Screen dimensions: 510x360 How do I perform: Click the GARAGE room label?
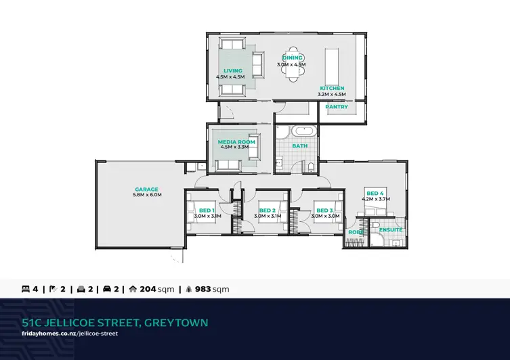[x=147, y=189]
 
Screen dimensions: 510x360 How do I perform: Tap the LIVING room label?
[x=233, y=70]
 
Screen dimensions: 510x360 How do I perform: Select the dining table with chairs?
[x=293, y=64]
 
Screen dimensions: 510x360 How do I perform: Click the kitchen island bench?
[x=332, y=66]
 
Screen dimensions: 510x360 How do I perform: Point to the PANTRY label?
[x=337, y=106]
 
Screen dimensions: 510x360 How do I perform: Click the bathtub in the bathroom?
[x=304, y=131]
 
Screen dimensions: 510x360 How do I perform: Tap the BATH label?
[x=299, y=146]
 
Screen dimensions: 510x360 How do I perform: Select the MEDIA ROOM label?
[x=236, y=141]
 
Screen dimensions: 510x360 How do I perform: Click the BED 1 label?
[x=207, y=210]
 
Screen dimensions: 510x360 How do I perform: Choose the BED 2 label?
[x=268, y=210]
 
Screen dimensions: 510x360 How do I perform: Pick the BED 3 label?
[x=324, y=210]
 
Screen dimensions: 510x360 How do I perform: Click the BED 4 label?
[x=375, y=194]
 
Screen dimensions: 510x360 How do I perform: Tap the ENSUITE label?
[x=391, y=229]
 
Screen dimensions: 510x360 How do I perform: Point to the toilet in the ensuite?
[x=375, y=225]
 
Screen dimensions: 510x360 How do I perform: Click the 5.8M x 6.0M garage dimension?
[x=147, y=195]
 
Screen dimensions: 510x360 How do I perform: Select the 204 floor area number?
[x=148, y=289]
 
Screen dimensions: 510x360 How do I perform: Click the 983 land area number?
[x=203, y=289]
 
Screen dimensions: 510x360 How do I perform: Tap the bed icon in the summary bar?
[x=26, y=289]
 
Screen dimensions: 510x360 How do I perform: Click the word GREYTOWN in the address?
[x=176, y=323]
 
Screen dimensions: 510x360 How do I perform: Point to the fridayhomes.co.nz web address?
[x=70, y=334]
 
